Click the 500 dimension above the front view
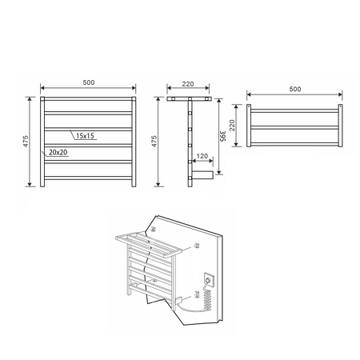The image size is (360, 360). coord(88,82)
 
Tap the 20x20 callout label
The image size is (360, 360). coord(58,150)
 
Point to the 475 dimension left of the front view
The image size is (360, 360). coord(27,142)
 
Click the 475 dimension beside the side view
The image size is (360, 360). coord(155,142)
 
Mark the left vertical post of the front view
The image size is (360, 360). coord(42,142)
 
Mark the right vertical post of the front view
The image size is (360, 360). coord(134,142)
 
